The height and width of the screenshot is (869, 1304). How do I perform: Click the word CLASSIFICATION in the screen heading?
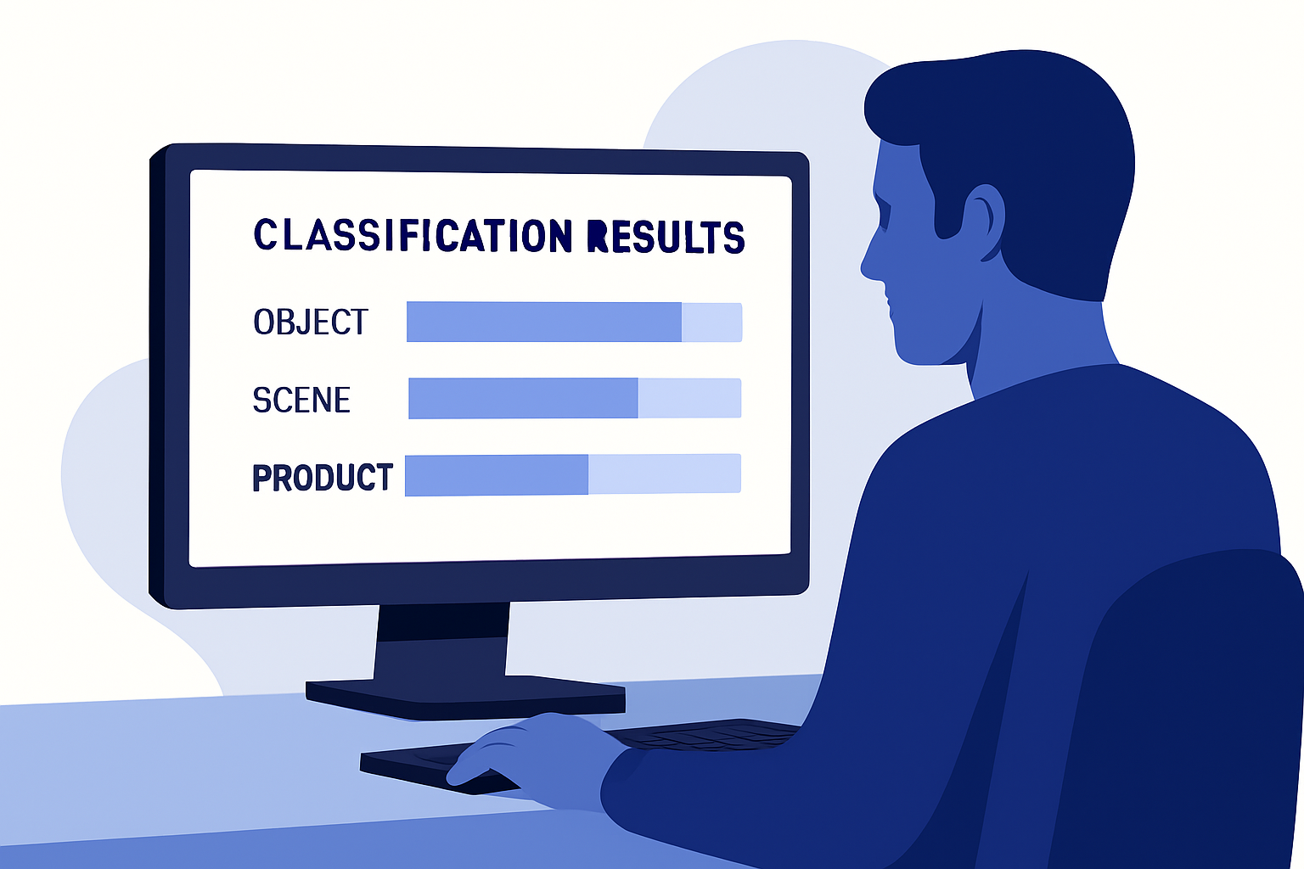(x=413, y=235)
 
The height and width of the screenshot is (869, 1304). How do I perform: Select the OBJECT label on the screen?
(x=311, y=322)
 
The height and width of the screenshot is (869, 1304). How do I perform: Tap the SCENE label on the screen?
(x=301, y=399)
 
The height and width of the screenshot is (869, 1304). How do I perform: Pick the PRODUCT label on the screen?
(x=323, y=477)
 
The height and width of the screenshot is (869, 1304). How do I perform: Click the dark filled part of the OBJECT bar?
(x=543, y=322)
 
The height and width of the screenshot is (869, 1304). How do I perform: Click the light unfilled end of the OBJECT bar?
(x=711, y=322)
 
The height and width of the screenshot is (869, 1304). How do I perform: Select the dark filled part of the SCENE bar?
(x=523, y=398)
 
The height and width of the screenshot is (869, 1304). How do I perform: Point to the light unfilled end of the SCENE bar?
(x=689, y=398)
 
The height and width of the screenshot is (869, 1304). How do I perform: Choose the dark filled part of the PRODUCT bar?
(x=497, y=475)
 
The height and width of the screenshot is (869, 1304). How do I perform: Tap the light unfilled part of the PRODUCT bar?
(x=664, y=474)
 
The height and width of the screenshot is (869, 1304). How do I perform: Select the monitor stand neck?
(x=441, y=641)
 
